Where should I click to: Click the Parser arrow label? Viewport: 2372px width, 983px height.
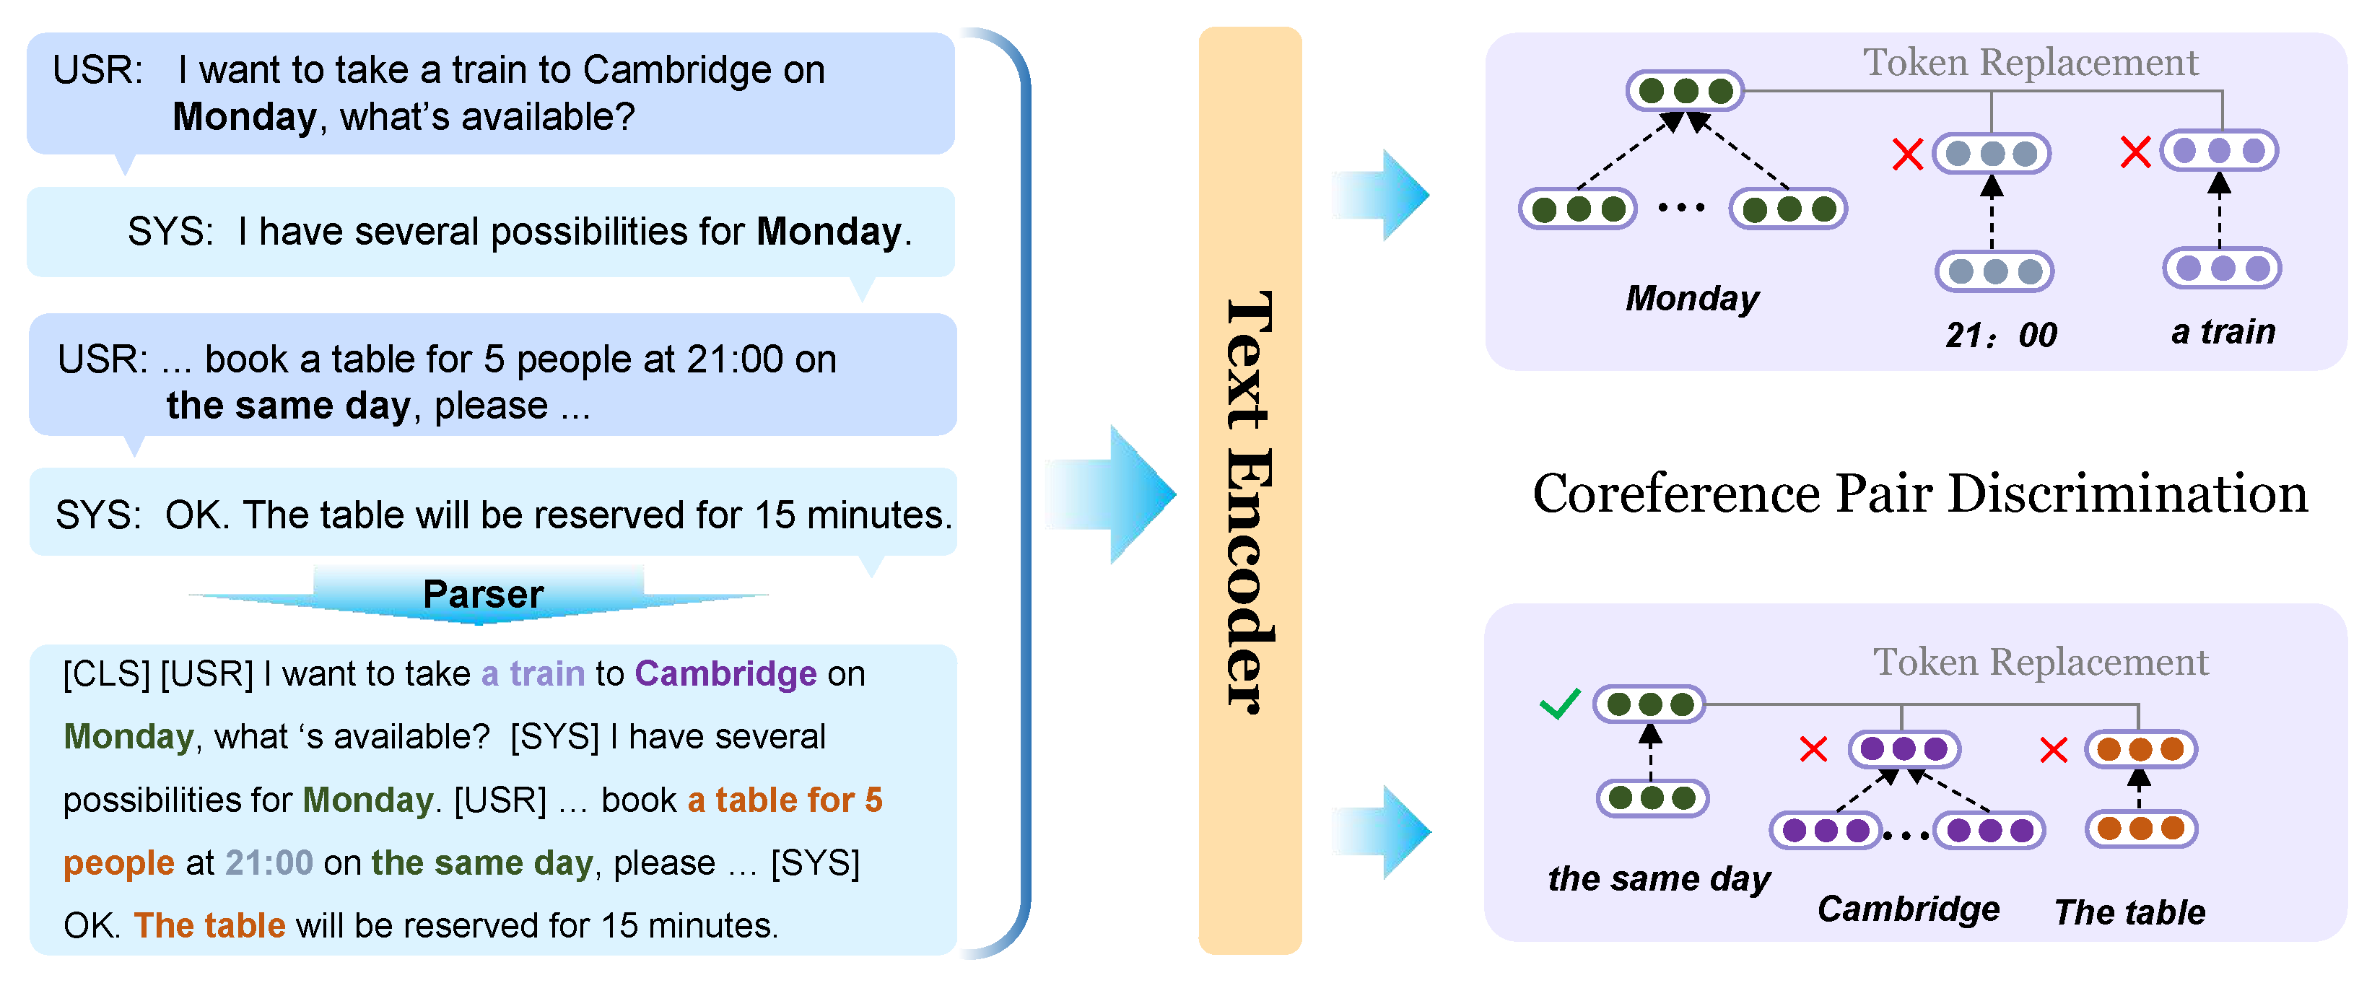click(x=482, y=595)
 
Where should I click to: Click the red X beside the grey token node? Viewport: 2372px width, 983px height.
click(x=1907, y=154)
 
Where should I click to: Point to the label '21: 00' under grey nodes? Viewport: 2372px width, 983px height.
click(x=2000, y=335)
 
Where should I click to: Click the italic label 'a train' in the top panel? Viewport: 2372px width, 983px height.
click(x=2222, y=331)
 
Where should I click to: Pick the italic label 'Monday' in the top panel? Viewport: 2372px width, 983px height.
click(x=1691, y=298)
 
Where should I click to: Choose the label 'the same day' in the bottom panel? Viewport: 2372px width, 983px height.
click(x=1658, y=878)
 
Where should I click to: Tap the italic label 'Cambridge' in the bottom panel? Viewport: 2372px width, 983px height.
click(x=1908, y=909)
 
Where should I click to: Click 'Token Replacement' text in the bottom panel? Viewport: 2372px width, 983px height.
click(x=2040, y=663)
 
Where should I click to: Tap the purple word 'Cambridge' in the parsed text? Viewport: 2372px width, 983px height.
click(x=725, y=674)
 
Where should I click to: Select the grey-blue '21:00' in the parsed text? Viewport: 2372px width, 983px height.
click(x=269, y=862)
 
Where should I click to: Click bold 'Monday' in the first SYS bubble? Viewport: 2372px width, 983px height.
click(x=828, y=231)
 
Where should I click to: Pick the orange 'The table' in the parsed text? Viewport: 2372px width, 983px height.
click(x=209, y=925)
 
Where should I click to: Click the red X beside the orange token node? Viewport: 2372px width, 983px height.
click(x=2054, y=749)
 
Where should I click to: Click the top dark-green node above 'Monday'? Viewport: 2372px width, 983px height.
click(x=1685, y=91)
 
